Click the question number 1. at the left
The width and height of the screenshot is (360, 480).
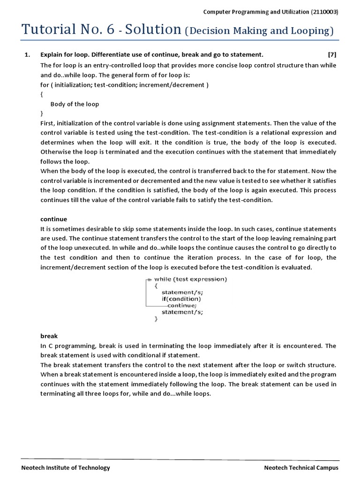(x=27, y=54)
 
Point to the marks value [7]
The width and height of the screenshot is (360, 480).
(x=332, y=54)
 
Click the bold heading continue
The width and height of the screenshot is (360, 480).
(x=54, y=219)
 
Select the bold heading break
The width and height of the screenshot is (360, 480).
(x=49, y=336)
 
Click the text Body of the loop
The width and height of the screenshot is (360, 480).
(x=75, y=104)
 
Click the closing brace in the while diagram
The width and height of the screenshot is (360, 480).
(x=156, y=318)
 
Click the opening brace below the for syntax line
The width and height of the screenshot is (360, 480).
(x=42, y=94)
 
